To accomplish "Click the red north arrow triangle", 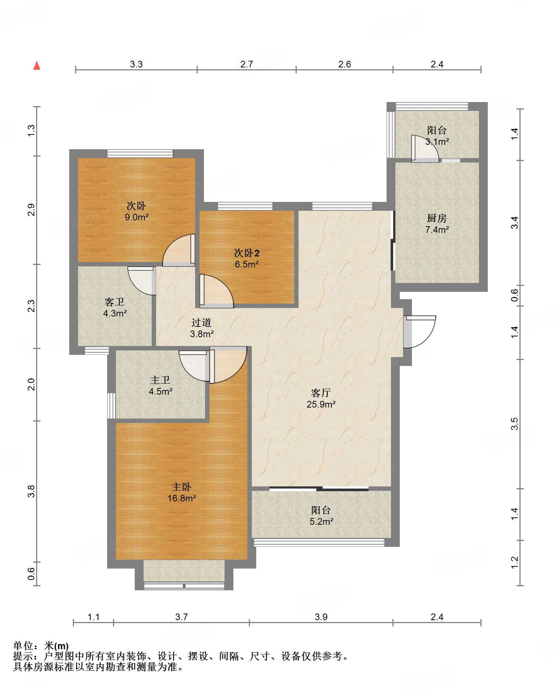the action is point(37,66).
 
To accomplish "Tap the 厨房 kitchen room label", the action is point(437,219).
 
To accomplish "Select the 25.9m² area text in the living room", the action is point(321,404).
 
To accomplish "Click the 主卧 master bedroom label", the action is point(181,487).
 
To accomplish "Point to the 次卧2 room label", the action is point(247,253).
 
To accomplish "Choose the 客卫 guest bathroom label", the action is point(114,302).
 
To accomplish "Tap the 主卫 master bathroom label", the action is point(160,380).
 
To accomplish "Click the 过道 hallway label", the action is point(201,323).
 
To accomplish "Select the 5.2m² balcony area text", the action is point(321,521).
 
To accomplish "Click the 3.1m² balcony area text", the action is point(437,141).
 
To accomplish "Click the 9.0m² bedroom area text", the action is point(137,217).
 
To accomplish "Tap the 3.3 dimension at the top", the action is point(136,64).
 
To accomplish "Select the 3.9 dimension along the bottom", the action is point(321,617).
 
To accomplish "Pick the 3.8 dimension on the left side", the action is point(31,492).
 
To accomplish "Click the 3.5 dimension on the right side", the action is point(514,424).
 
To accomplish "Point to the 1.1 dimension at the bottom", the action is point(94,617).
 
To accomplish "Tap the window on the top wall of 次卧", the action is point(140,153).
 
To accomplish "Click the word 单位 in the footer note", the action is point(23,646).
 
